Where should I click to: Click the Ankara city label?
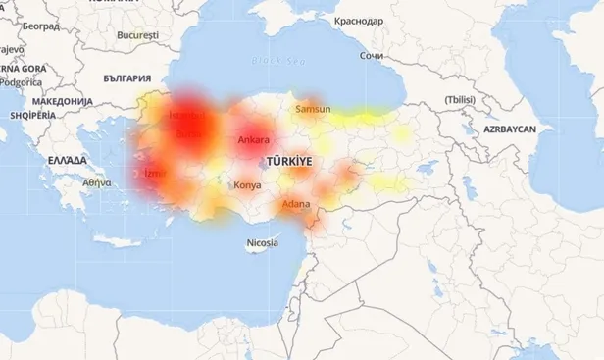(x=253, y=140)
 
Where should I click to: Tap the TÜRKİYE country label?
(x=287, y=160)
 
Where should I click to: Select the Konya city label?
(x=247, y=184)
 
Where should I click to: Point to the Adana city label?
(x=295, y=204)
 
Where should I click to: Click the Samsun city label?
(x=313, y=109)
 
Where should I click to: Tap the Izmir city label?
(x=155, y=174)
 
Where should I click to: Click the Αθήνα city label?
(x=97, y=182)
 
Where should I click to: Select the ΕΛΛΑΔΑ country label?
(x=67, y=158)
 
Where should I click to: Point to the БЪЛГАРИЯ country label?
(x=127, y=77)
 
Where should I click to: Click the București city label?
(x=136, y=34)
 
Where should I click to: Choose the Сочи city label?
(x=372, y=56)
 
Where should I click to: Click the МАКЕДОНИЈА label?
(x=61, y=101)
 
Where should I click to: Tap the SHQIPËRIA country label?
(x=31, y=115)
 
